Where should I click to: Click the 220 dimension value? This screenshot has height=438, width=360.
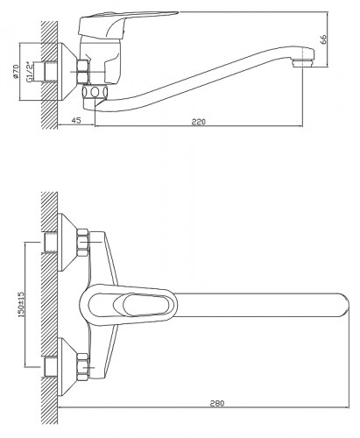click(199, 122)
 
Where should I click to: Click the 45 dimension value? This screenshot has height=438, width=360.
click(76, 120)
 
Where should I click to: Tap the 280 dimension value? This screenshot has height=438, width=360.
click(217, 403)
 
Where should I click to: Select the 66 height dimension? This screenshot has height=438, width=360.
click(323, 39)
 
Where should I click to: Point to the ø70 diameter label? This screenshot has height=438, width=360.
click(16, 72)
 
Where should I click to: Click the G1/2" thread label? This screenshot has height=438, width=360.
click(30, 72)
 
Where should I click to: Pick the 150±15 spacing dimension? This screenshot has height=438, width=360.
click(21, 304)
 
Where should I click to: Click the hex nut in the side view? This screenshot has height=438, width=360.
click(82, 72)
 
